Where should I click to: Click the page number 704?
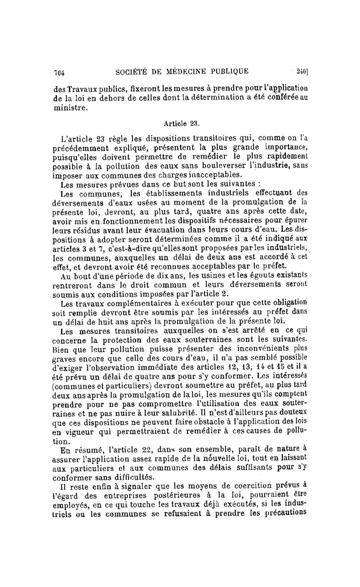(x=60, y=72)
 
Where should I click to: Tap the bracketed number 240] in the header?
(x=301, y=71)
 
